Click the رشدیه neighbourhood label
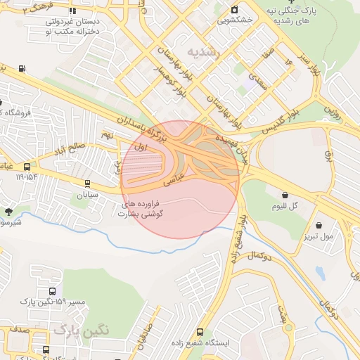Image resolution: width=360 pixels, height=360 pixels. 204,53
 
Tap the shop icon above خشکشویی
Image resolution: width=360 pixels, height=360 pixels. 235,9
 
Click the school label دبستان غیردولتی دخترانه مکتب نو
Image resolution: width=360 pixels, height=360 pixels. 71,27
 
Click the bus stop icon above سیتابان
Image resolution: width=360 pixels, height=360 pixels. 87,184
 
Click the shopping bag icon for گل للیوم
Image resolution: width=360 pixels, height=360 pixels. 285,195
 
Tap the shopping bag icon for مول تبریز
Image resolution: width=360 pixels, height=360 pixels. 320,226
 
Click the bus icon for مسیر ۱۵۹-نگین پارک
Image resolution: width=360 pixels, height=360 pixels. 52,291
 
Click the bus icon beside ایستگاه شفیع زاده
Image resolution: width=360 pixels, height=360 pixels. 200,331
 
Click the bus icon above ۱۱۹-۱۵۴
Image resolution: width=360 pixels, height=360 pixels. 27,167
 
